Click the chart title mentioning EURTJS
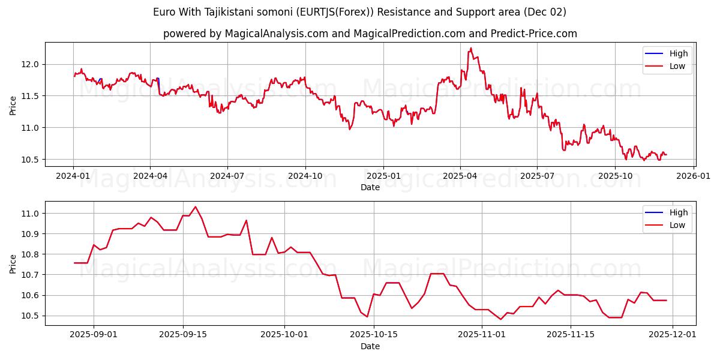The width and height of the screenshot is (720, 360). coord(359,12)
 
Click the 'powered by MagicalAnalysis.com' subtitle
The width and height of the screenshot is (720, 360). coord(370,34)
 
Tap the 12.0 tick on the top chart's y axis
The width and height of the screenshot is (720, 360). coord(31,64)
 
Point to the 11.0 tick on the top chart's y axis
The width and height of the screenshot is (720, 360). coord(31,128)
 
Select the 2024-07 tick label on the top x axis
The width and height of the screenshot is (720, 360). coord(227,176)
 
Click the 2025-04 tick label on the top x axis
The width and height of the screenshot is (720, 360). coord(460,176)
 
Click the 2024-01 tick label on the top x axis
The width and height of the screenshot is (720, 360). coord(73,176)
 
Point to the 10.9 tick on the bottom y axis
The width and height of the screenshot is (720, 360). coord(31,233)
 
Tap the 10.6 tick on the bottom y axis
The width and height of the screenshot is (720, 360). coord(31,295)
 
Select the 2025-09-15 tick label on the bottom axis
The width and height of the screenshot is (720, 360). coord(183,335)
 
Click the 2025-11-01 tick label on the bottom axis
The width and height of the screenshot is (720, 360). coord(481,335)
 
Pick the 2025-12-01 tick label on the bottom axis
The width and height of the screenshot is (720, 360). coord(675,335)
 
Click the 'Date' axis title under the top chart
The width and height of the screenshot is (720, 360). coord(370,187)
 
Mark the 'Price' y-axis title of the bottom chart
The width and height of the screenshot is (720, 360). coord(13,263)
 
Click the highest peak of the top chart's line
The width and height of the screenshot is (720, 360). coord(471,48)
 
